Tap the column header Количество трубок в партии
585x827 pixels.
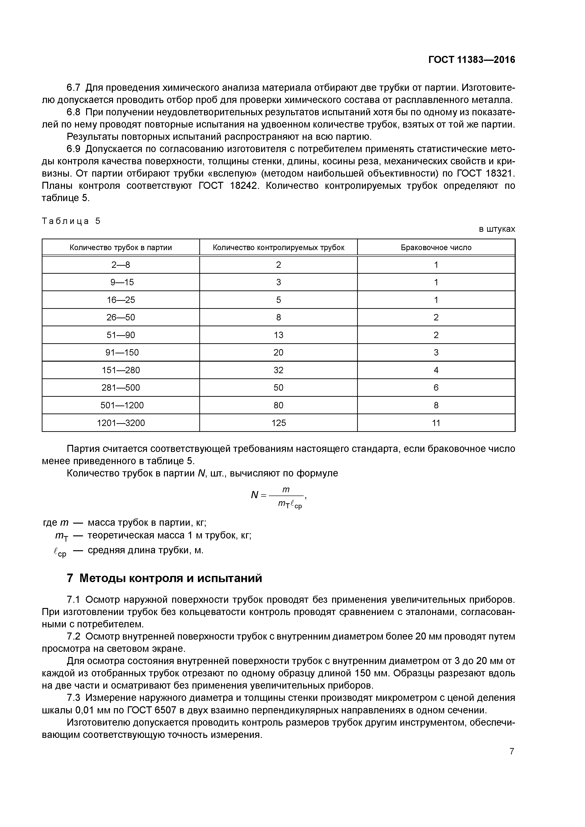coord(121,248)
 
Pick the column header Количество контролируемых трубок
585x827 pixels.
coord(278,248)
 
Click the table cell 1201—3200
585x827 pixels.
coord(121,423)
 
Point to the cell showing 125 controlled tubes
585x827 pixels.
coord(278,423)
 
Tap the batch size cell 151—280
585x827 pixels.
coord(121,370)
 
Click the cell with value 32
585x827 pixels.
coord(278,370)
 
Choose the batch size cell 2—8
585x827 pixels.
coord(121,265)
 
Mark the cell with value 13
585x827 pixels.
coord(278,335)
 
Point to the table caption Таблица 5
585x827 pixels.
coord(71,221)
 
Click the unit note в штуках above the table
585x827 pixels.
coord(497,229)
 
